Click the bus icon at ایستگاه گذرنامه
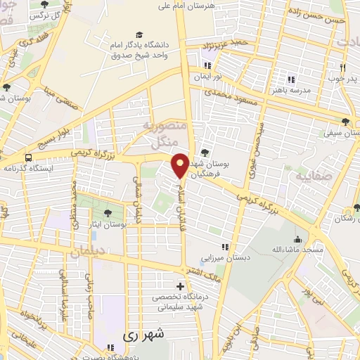[x=28, y=157]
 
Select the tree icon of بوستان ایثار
[x=108, y=213]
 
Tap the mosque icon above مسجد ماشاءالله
[x=298, y=238]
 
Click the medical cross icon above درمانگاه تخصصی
[x=181, y=286]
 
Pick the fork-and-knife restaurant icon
[x=342, y=68]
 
